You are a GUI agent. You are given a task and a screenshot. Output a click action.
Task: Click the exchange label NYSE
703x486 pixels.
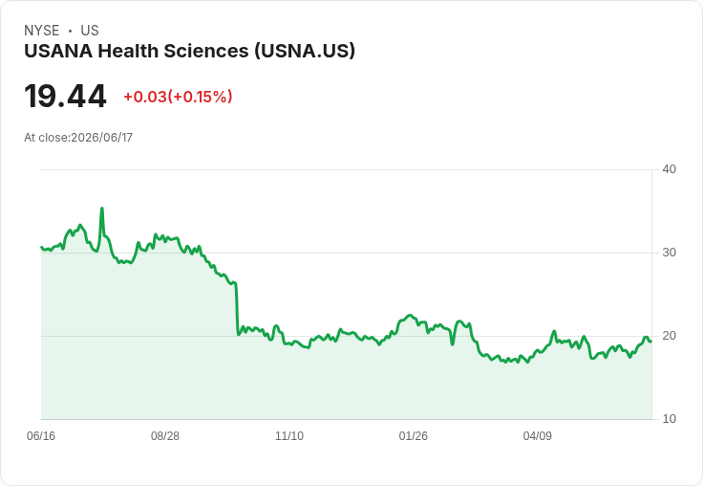point(42,31)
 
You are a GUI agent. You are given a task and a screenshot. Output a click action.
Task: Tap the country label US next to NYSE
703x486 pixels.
point(90,31)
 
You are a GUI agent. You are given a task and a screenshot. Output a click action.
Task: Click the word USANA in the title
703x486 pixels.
point(58,51)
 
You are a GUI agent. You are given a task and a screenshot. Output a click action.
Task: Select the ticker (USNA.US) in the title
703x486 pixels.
point(305,51)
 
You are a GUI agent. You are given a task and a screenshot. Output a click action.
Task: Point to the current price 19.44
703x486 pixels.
point(66,96)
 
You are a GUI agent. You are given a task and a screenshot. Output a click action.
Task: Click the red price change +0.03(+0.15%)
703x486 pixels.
point(178,97)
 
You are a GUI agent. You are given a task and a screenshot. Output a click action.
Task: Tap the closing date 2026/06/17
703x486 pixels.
point(102,138)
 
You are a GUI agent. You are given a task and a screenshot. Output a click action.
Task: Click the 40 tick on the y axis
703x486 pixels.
point(669,169)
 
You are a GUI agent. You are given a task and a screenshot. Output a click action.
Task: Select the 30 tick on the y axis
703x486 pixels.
point(669,253)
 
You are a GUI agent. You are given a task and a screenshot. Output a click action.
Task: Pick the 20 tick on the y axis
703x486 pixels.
point(669,336)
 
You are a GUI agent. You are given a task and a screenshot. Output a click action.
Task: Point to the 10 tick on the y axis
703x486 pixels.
point(669,419)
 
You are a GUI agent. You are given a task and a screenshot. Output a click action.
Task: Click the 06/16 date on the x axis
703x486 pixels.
point(41,435)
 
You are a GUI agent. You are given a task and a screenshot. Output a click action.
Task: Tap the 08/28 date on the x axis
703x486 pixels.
point(165,435)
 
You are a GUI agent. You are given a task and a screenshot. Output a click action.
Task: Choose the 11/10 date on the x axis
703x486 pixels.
point(289,435)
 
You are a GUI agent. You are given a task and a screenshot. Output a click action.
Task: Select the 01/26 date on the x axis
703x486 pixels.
point(413,435)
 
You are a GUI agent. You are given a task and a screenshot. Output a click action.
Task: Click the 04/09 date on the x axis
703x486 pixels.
point(537,435)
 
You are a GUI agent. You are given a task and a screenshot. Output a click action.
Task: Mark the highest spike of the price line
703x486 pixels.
point(102,208)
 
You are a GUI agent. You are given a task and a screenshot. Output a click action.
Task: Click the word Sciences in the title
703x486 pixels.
point(205,51)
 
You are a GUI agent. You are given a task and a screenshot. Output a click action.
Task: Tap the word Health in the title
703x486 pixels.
point(128,51)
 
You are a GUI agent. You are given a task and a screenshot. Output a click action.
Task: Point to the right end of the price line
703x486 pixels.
point(651,342)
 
